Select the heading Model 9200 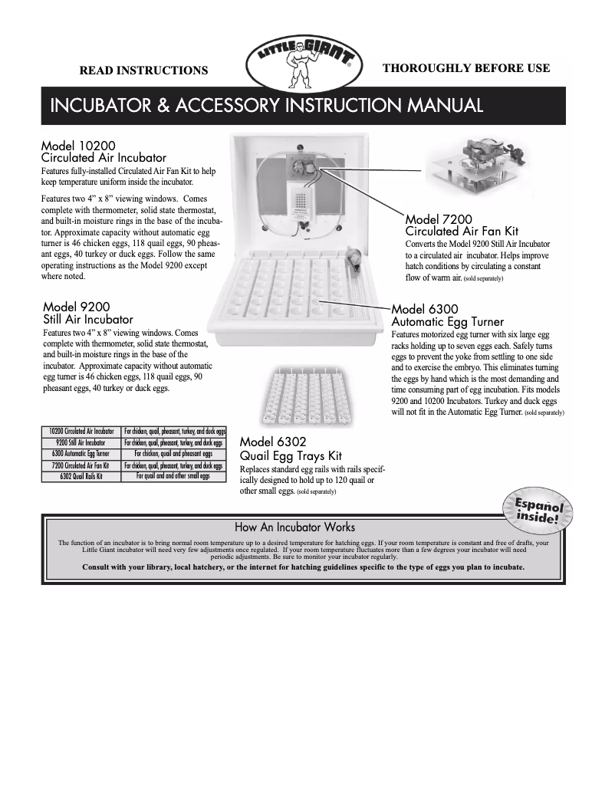76,307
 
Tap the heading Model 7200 439,219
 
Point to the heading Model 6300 425,310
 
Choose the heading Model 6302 273,442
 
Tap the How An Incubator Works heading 294,527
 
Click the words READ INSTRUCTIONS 144,71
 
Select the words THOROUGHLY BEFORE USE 465,68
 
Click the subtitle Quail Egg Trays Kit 291,455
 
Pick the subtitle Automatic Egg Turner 448,322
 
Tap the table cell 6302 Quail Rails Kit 81,476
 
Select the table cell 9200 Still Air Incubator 81,443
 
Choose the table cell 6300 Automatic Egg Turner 81,454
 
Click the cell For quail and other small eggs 173,476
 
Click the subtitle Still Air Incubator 88,320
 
